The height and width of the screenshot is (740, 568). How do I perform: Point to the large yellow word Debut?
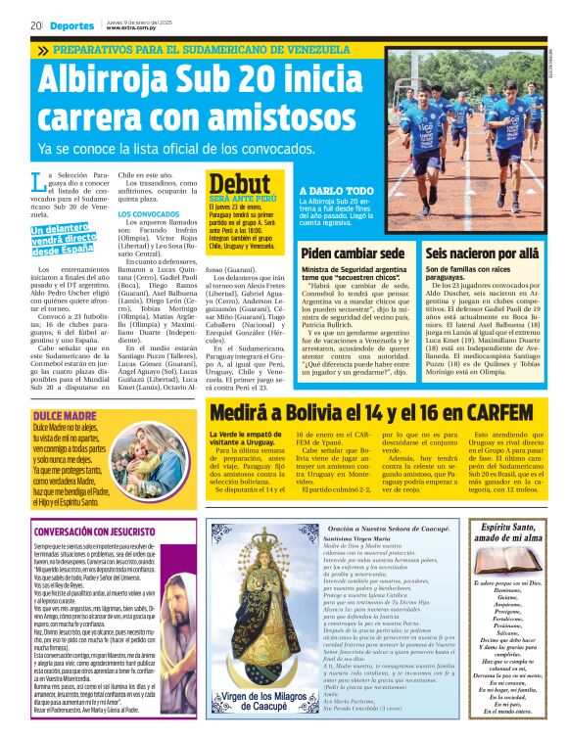239,183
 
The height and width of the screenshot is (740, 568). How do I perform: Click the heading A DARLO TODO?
336,192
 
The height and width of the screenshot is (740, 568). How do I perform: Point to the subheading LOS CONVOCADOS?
149,213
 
